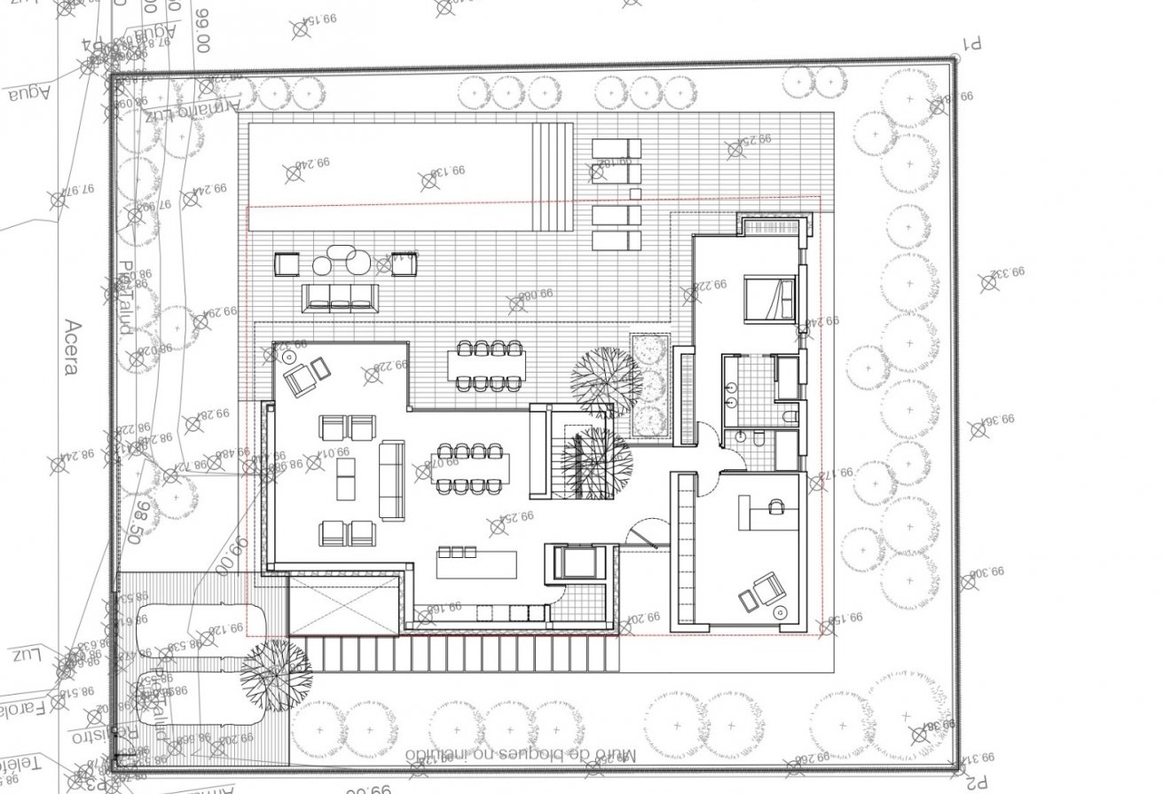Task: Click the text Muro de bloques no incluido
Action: [x=522, y=754]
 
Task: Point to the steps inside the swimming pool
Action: [x=553, y=174]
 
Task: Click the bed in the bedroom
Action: [x=769, y=295]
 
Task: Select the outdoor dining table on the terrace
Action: [x=486, y=366]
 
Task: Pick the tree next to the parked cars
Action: [x=276, y=673]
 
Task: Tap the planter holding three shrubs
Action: [x=650, y=386]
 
